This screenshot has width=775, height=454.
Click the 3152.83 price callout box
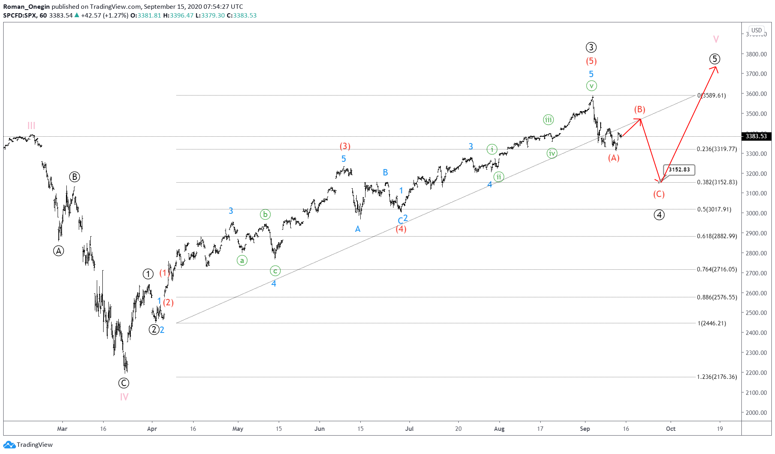[x=679, y=169]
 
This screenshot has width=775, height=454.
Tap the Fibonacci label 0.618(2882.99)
[x=717, y=236]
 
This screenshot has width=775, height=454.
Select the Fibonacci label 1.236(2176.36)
[x=717, y=377]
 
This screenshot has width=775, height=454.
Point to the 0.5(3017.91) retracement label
[x=714, y=209]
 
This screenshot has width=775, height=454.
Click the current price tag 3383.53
[x=756, y=136]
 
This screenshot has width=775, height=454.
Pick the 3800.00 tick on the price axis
[x=756, y=54]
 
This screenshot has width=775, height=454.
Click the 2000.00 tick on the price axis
[x=756, y=412]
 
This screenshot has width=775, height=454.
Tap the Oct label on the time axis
[x=671, y=429]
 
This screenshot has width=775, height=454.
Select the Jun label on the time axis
[x=320, y=429]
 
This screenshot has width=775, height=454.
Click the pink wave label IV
[x=124, y=397]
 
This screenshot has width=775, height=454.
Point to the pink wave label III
[x=31, y=125]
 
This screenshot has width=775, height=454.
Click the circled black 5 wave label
[x=715, y=59]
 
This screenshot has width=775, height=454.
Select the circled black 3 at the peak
[x=591, y=48]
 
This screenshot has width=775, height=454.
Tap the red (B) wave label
[x=639, y=110]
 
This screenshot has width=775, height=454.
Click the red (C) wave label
[x=659, y=194]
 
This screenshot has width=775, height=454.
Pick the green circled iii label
[x=548, y=119]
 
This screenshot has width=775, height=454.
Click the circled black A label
[x=59, y=251]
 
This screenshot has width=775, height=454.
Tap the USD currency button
[x=756, y=30]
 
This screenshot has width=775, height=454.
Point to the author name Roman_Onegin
[x=26, y=6]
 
